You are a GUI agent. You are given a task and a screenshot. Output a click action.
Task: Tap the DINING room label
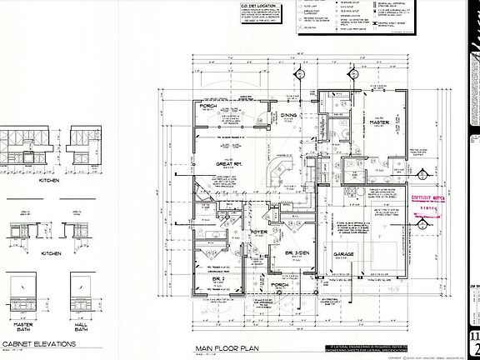[288, 116]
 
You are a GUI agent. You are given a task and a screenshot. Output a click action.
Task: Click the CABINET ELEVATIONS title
[39, 342]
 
